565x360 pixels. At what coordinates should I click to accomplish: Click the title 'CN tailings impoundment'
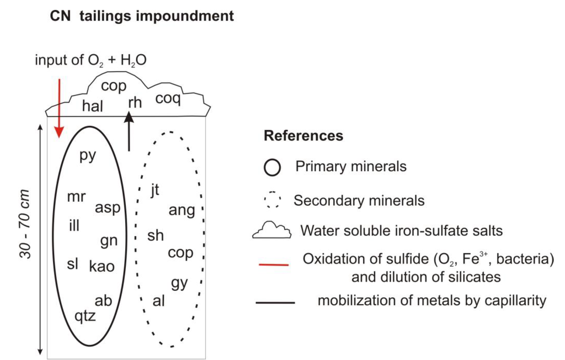142,16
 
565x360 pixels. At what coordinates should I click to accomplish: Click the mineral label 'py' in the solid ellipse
88,155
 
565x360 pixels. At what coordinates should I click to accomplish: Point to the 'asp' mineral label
107,208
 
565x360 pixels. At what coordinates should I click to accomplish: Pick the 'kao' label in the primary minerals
102,266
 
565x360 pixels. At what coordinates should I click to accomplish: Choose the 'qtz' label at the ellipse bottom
86,316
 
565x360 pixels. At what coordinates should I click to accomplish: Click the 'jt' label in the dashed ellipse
154,189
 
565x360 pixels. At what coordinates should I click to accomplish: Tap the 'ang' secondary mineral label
182,210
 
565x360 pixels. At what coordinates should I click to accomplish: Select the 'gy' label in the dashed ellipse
179,283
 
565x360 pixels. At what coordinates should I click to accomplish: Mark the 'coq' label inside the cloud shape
168,99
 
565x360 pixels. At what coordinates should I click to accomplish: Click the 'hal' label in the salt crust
92,106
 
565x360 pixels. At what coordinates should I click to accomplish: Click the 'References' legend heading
303,136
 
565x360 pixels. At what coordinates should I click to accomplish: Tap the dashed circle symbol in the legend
273,200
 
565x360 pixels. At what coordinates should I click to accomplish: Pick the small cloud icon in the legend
272,230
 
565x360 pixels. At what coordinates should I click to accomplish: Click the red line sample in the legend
274,265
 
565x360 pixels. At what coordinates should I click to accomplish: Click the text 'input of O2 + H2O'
91,60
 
